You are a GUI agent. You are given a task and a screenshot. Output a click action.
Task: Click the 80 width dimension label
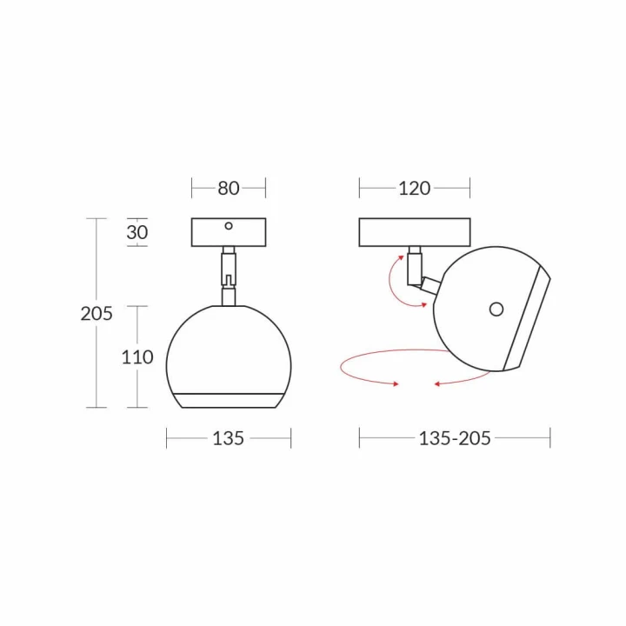(229, 188)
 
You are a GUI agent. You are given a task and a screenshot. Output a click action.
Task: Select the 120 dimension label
(415, 188)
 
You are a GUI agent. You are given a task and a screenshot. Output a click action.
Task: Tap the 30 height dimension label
(137, 232)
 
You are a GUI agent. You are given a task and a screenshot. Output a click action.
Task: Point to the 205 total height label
(97, 313)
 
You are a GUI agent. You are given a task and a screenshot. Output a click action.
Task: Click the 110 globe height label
(137, 357)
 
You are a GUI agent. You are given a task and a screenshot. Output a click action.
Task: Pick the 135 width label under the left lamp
(229, 438)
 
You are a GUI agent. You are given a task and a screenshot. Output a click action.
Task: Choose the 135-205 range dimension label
(455, 438)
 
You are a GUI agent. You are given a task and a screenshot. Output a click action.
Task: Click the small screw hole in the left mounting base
(229, 226)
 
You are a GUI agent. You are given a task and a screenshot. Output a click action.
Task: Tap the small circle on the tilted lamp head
(496, 309)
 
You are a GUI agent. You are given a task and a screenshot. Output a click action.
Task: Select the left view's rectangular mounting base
(229, 232)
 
